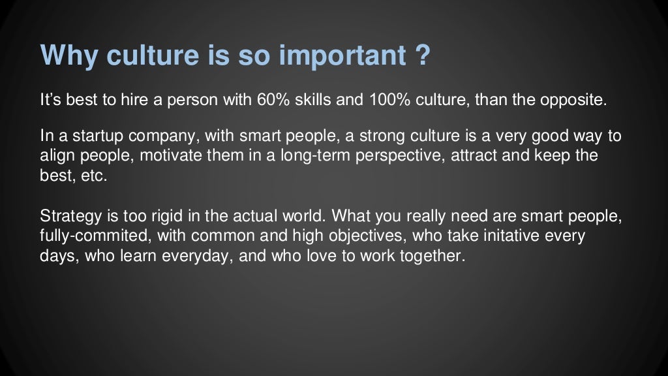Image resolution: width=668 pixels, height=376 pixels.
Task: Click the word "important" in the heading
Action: pyautogui.click(x=341, y=55)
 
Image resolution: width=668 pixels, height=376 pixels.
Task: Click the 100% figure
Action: pyautogui.click(x=390, y=102)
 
